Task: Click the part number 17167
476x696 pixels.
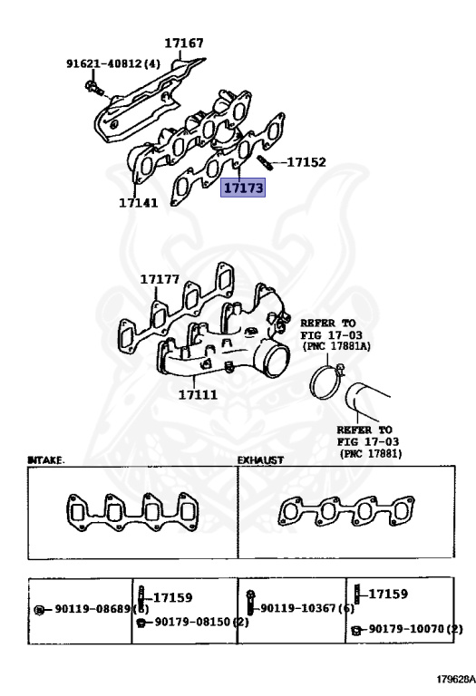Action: (184, 43)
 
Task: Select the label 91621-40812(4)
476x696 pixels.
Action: (112, 64)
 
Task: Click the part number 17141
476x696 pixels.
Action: (138, 202)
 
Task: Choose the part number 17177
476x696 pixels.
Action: (160, 281)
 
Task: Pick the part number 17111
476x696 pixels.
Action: (199, 394)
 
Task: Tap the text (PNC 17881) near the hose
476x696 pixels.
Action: (371, 452)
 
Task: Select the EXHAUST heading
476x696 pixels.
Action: (260, 460)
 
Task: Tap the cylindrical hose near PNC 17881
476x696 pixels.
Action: (376, 398)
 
